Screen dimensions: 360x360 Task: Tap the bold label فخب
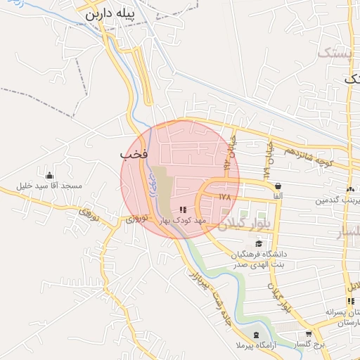(x=132, y=154)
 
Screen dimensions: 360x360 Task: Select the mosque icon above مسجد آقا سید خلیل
(x=49, y=175)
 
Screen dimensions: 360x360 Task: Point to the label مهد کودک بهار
(x=184, y=220)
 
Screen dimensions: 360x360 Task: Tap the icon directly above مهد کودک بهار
(x=184, y=210)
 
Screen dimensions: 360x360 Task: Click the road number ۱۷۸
(x=224, y=198)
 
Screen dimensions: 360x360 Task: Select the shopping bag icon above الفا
(x=278, y=186)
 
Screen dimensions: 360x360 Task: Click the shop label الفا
(x=278, y=197)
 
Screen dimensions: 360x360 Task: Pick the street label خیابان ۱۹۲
(x=228, y=155)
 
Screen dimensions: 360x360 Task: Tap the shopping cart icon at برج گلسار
(x=309, y=334)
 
